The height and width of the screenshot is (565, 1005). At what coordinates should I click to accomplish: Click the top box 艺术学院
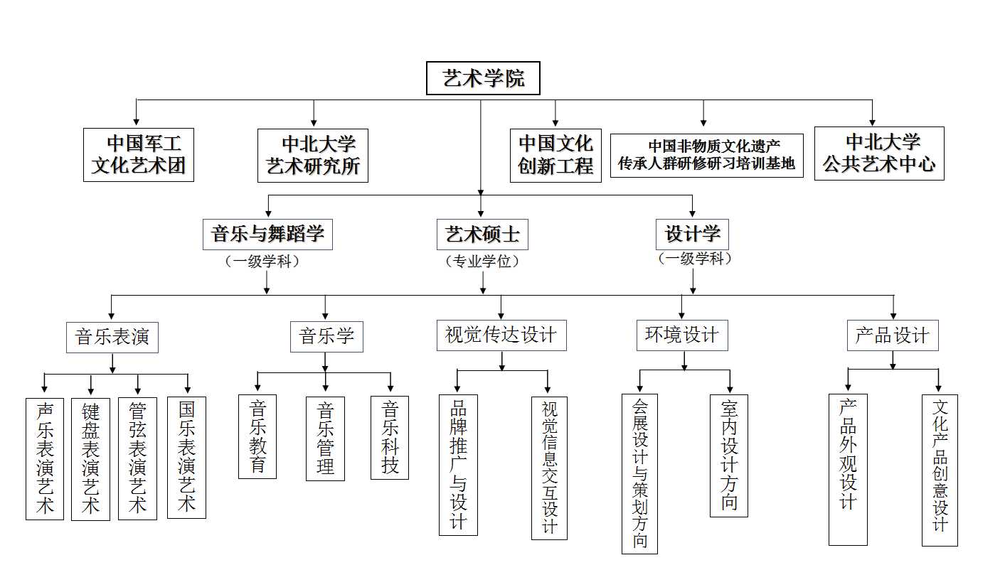483,78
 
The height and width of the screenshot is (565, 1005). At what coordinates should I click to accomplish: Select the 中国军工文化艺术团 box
139,154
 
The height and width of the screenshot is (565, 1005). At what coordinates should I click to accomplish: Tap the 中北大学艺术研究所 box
313,155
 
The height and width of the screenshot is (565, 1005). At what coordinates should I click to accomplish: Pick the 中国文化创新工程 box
555,155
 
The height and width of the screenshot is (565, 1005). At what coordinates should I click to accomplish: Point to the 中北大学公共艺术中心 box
879,154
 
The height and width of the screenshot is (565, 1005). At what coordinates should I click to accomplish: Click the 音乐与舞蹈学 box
268,234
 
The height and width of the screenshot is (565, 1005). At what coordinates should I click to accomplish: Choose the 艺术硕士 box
482,234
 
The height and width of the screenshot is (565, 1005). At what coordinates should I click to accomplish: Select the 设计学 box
692,233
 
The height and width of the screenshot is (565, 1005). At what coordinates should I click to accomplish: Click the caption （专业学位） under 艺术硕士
482,262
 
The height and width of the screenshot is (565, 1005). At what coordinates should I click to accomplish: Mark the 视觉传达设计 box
501,335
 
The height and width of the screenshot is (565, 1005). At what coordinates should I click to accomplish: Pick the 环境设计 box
682,335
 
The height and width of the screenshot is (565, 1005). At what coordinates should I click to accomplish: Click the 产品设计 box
893,335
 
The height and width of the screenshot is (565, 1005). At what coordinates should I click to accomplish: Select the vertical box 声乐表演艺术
45,458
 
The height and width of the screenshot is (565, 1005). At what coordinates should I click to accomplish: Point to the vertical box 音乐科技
390,438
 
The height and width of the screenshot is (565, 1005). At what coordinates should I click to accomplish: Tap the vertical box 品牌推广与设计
458,465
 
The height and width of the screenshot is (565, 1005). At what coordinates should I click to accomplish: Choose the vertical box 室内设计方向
729,456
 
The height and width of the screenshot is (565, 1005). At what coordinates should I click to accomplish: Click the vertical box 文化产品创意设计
940,470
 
